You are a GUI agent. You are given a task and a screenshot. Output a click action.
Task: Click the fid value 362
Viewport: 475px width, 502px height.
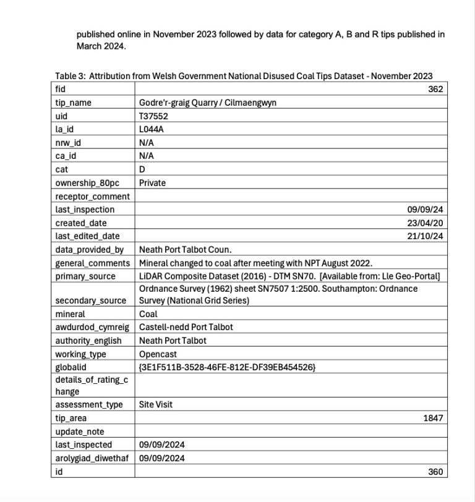pos(435,90)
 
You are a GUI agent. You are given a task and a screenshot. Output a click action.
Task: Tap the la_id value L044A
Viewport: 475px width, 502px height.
pos(151,130)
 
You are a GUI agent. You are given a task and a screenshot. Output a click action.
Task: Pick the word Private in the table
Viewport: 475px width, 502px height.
pos(153,183)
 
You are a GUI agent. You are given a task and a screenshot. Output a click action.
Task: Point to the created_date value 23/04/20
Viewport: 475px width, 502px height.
pos(427,223)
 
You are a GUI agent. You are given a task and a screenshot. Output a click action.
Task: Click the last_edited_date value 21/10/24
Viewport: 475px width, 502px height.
pos(427,236)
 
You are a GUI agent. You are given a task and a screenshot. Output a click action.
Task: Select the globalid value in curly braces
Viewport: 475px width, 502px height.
pos(227,367)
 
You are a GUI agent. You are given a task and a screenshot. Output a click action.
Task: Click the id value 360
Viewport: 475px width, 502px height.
pos(435,472)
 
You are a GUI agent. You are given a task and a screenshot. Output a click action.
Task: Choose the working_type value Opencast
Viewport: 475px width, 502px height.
pos(158,354)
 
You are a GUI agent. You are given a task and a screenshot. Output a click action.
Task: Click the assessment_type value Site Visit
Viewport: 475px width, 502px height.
pos(156,405)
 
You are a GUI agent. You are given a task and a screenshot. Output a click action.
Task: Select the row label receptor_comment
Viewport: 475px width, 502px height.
pos(92,197)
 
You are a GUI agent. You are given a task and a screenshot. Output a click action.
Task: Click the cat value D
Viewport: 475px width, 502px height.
pos(142,169)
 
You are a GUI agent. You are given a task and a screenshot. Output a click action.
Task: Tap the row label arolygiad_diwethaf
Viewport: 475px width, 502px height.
pos(90,458)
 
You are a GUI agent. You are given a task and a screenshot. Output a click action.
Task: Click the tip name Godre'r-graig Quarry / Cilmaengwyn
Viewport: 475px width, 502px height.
pos(207,103)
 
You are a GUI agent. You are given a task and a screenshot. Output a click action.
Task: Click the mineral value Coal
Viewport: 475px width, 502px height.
pos(148,313)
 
